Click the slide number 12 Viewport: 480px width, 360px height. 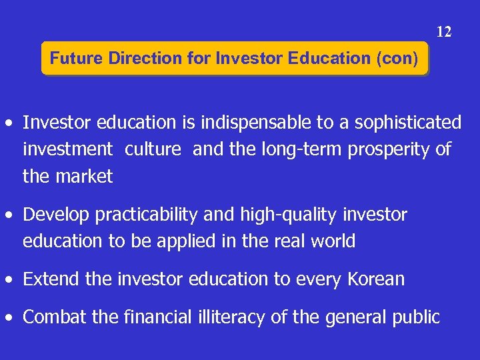444,31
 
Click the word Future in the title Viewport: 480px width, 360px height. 71,59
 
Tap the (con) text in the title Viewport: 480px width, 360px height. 397,59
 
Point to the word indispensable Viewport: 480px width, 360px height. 253,123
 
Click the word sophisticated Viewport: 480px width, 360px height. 408,123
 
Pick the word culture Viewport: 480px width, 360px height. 153,149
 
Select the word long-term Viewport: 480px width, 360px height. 285,149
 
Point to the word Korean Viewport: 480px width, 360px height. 376,279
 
